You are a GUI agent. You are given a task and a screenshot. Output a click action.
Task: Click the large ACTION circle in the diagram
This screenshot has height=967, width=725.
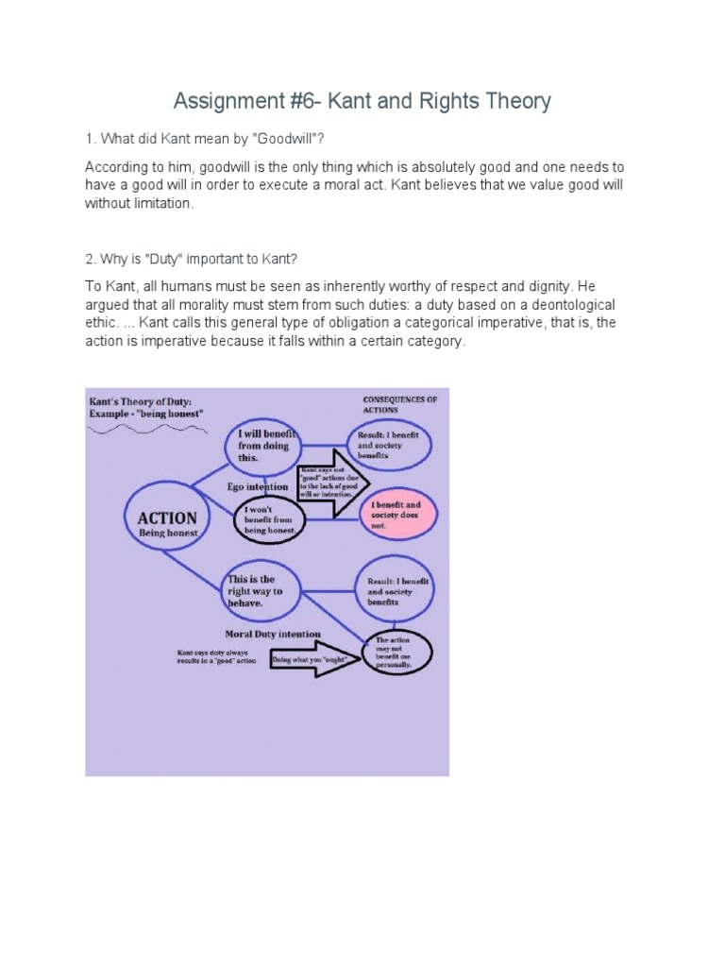pyautogui.click(x=168, y=523)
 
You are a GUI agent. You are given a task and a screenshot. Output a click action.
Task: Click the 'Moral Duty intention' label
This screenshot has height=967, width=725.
pyautogui.click(x=273, y=634)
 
